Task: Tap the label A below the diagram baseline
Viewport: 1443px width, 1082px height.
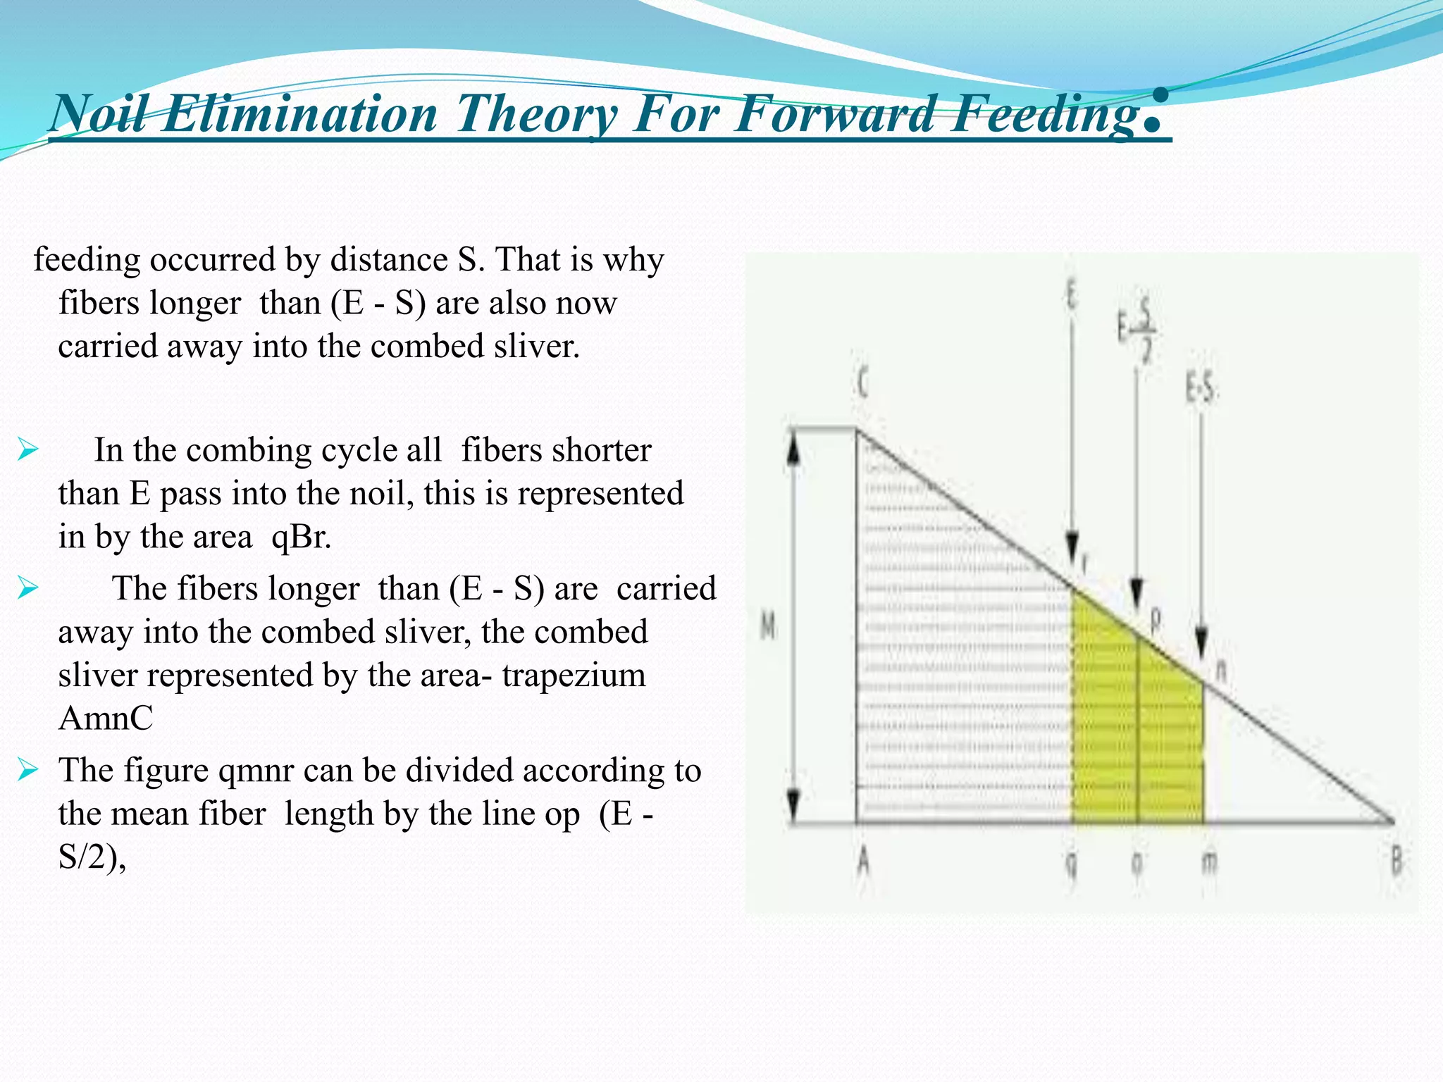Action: click(863, 860)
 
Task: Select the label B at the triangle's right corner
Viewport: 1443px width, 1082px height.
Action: click(1396, 861)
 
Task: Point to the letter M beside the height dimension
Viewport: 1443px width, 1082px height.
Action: click(768, 626)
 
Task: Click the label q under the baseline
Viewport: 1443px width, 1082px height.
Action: click(1071, 862)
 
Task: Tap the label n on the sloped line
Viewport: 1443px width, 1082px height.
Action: click(1221, 669)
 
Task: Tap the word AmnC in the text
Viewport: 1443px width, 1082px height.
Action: click(106, 719)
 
